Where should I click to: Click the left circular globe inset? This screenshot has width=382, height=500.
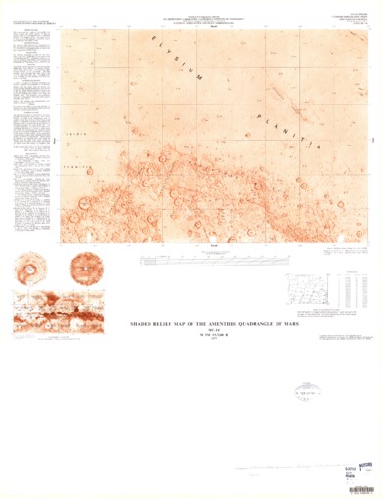click(30, 267)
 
